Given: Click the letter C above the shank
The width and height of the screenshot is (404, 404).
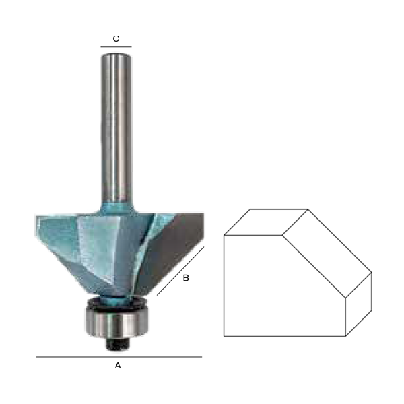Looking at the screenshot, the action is click(x=116, y=38).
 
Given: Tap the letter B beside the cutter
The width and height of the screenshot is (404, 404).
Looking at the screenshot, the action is click(x=186, y=278).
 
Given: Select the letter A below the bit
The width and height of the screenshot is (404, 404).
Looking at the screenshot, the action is click(x=118, y=366).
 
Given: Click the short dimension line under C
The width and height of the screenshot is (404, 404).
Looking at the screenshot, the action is click(x=116, y=47).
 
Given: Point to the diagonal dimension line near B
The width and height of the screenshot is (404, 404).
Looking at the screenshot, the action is click(x=180, y=271).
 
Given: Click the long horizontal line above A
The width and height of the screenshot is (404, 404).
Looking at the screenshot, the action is click(x=119, y=357).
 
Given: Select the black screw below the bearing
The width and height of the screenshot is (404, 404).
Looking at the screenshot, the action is click(x=117, y=344).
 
